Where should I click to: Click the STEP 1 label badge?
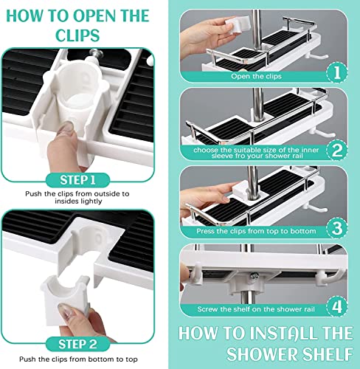[x=77, y=180]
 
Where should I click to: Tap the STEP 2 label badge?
[x=77, y=344]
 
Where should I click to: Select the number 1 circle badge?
[x=337, y=72]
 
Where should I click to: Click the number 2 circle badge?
[x=337, y=150]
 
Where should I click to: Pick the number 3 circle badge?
[x=337, y=228]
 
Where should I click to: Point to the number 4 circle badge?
[x=337, y=306]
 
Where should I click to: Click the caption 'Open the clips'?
[x=256, y=76]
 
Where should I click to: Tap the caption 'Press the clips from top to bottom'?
[x=256, y=231]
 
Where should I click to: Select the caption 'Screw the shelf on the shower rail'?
[x=256, y=309]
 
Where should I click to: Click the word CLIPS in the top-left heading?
[x=77, y=35]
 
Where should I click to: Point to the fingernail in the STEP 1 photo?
[x=66, y=128]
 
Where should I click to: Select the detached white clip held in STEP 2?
[x=66, y=300]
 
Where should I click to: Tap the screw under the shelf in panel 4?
[x=254, y=276]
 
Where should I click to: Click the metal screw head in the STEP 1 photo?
[x=95, y=54]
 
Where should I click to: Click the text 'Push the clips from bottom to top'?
[x=78, y=359]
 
